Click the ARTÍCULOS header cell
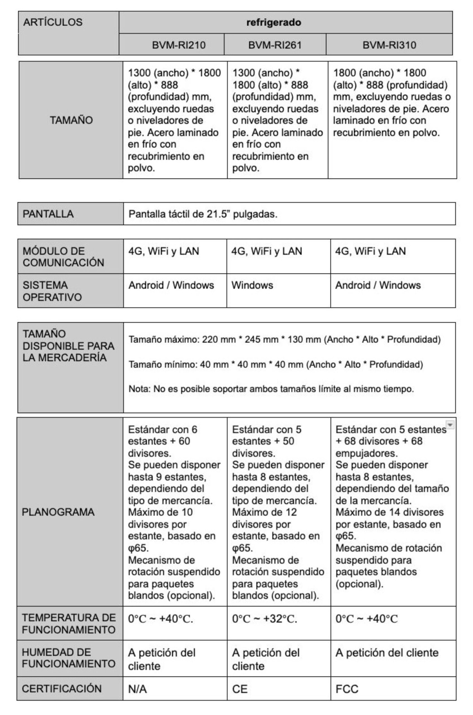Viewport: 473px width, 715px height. click(x=53, y=22)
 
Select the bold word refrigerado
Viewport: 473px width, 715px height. click(x=273, y=23)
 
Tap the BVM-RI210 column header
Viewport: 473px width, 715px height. click(x=179, y=45)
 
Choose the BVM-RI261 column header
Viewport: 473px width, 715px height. click(x=275, y=45)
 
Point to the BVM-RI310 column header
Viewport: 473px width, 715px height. click(x=389, y=45)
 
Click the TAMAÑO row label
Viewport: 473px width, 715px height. click(x=71, y=120)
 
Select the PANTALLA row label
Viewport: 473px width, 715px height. click(x=48, y=214)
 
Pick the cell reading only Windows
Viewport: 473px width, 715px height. click(x=252, y=285)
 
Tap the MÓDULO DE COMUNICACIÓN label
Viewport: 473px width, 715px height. click(x=63, y=257)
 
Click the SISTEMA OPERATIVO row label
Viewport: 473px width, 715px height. click(x=52, y=291)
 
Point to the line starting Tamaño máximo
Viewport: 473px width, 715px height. click(x=284, y=339)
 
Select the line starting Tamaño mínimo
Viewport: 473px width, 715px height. click(x=276, y=364)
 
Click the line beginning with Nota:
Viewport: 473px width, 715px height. click(x=271, y=389)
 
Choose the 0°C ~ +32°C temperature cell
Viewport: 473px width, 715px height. click(x=265, y=619)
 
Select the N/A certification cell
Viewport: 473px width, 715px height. click(x=137, y=689)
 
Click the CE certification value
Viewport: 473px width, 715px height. click(x=240, y=689)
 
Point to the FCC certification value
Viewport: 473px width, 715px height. click(x=347, y=689)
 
